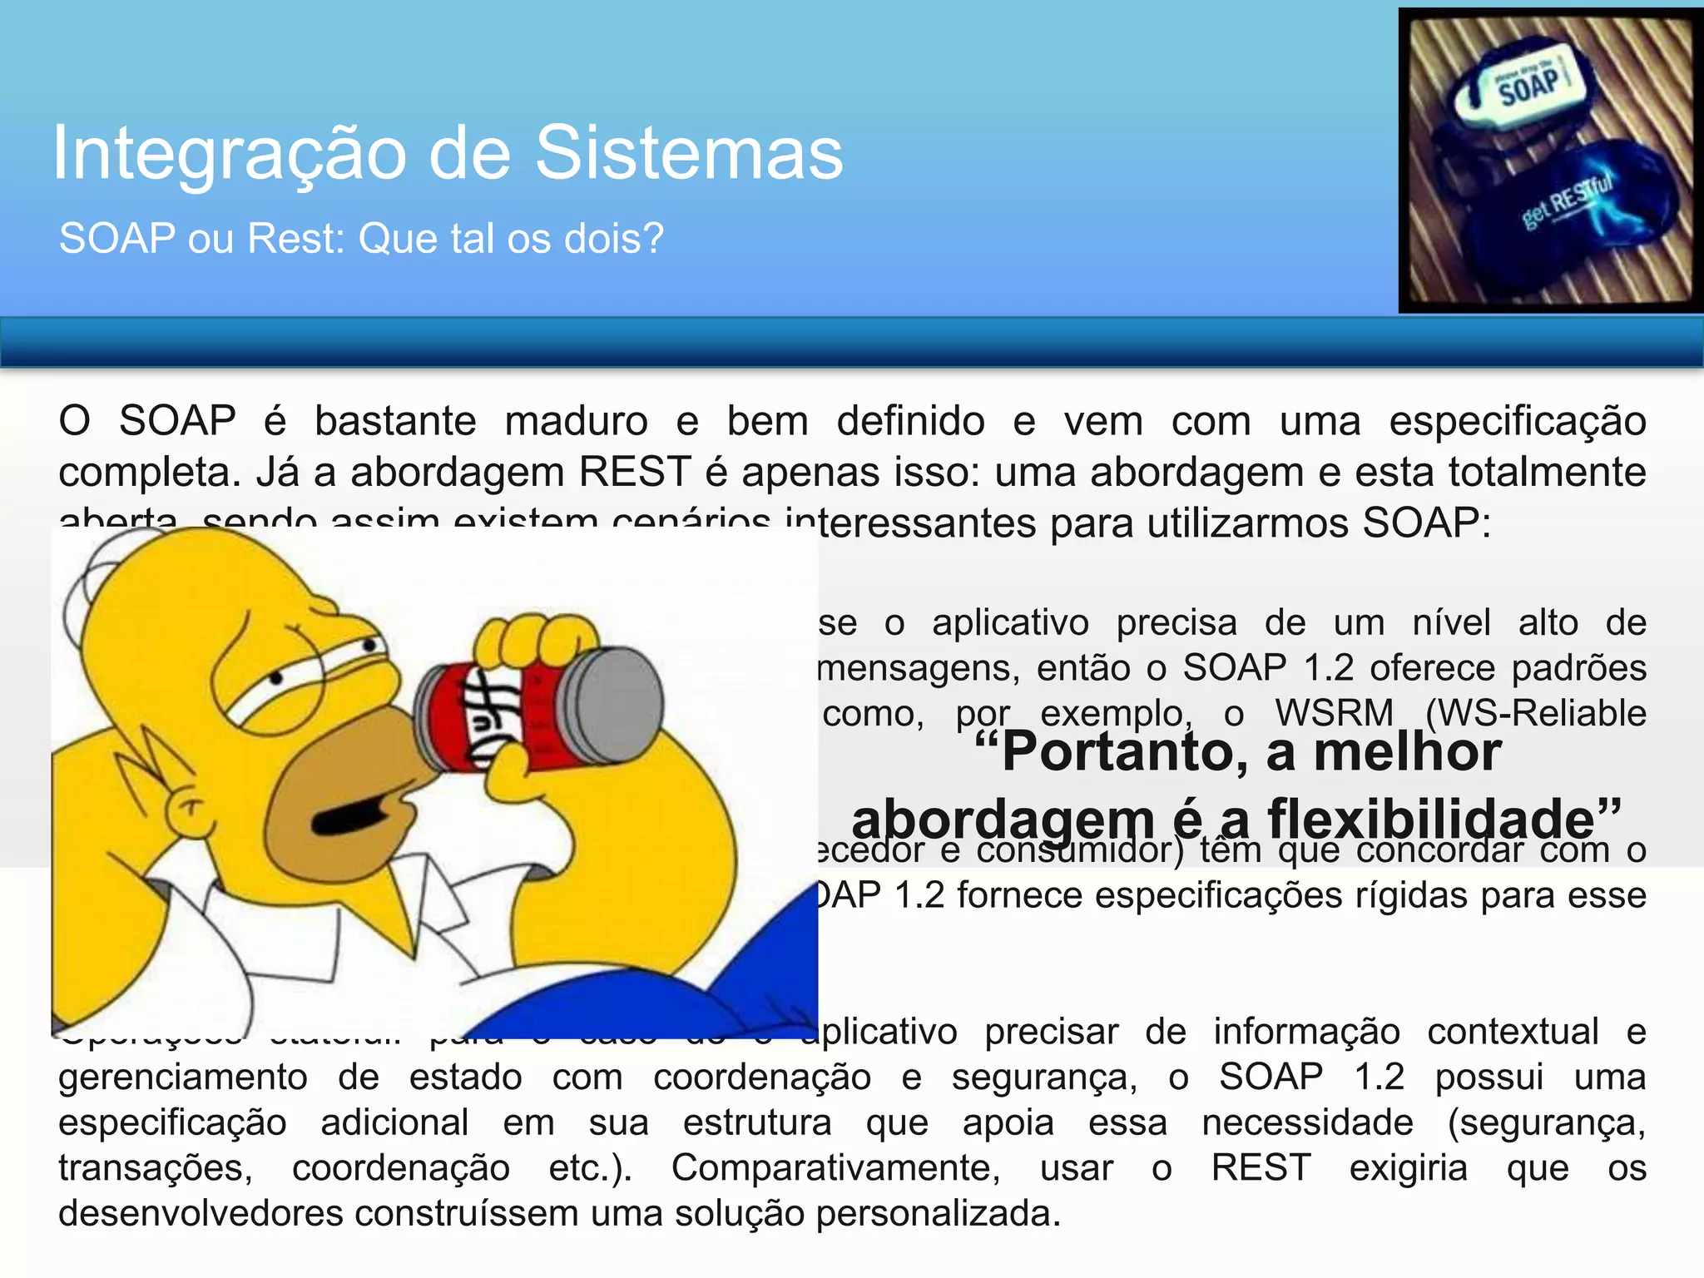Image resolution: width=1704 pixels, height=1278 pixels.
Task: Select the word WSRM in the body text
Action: (x=1334, y=714)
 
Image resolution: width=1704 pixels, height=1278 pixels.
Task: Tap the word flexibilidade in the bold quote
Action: (x=1431, y=819)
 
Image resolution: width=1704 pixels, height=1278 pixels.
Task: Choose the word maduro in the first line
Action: (x=576, y=421)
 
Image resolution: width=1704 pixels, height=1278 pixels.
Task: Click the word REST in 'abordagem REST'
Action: (x=635, y=473)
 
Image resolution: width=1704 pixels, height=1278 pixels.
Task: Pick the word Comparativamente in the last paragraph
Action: (x=835, y=1167)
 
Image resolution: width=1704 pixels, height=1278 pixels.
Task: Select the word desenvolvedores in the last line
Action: (x=200, y=1213)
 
